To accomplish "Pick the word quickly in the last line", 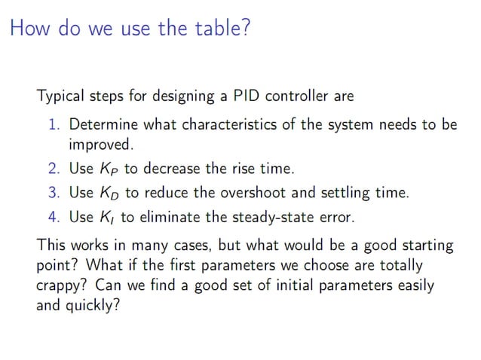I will (x=94, y=307).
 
